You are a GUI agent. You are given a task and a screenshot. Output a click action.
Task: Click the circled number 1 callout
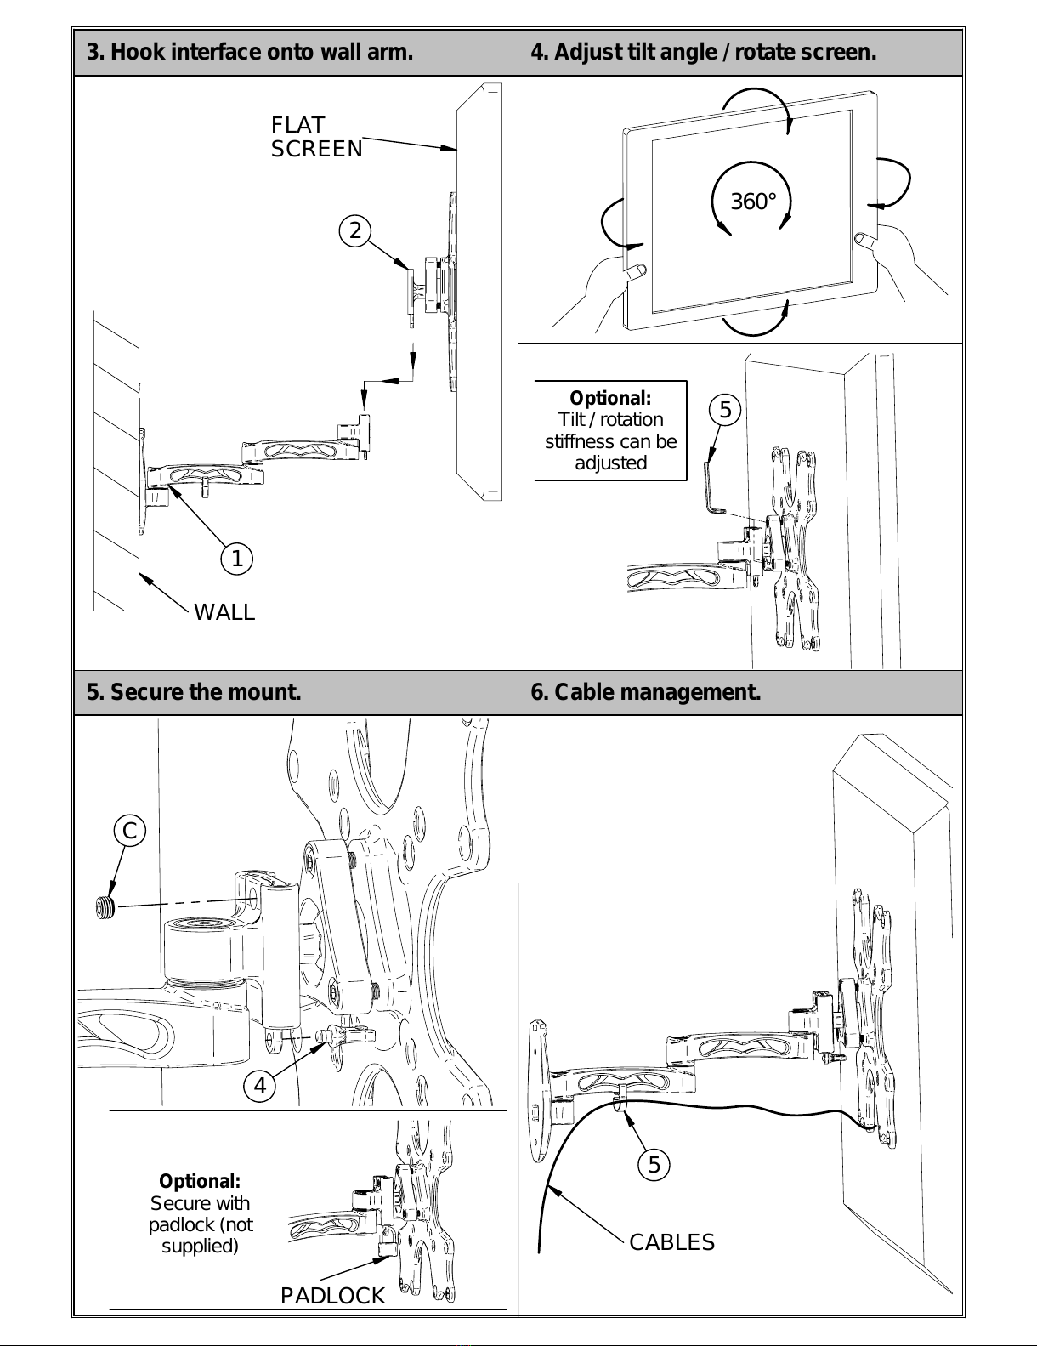click(236, 559)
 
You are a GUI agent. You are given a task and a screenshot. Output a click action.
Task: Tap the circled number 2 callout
click(354, 230)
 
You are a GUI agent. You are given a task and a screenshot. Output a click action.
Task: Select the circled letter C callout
click(130, 831)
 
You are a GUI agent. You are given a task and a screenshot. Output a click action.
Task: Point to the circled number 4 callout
click(260, 1086)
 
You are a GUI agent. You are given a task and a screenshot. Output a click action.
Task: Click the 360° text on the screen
click(753, 202)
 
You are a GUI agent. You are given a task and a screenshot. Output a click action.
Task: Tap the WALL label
click(224, 612)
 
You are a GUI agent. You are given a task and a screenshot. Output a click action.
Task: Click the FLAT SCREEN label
click(316, 137)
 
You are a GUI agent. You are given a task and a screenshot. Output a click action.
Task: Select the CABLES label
click(671, 1242)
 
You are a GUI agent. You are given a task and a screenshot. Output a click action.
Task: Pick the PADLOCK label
click(332, 1295)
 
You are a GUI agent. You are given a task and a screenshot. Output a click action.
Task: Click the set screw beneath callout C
click(106, 907)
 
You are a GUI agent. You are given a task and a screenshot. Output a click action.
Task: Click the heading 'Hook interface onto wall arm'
click(250, 52)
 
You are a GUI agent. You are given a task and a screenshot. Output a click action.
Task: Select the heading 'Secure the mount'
click(194, 692)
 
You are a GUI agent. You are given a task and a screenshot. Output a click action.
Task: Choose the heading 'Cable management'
click(646, 692)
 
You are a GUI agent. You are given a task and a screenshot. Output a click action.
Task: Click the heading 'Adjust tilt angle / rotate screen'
click(703, 52)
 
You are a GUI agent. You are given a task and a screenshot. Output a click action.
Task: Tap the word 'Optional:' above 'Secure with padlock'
click(200, 1181)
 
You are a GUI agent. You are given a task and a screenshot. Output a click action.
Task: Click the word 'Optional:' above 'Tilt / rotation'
click(610, 398)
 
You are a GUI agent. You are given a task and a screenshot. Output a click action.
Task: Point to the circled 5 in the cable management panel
click(654, 1165)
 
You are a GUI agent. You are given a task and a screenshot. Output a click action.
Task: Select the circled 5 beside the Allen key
click(725, 410)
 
